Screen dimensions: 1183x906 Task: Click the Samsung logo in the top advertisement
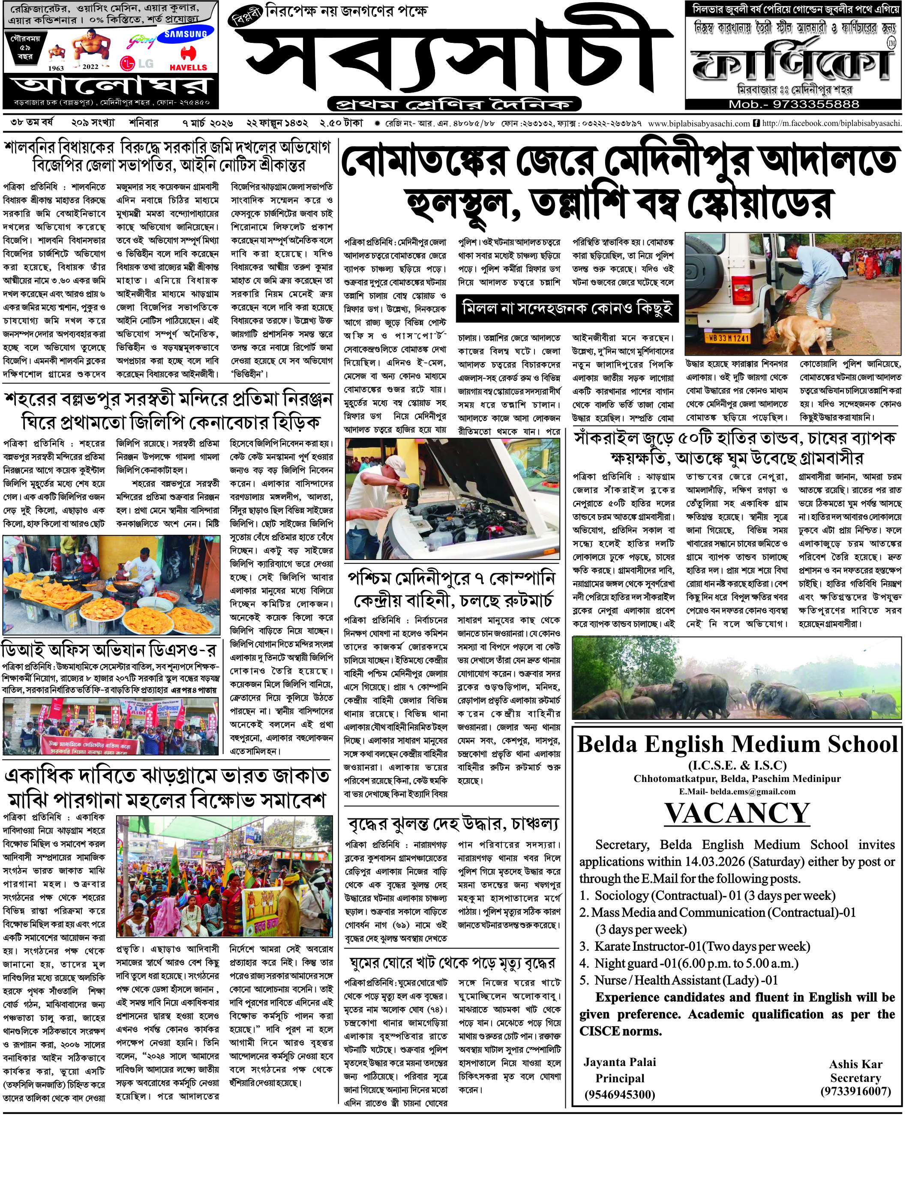click(186, 33)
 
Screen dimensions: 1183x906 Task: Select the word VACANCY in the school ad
click(737, 813)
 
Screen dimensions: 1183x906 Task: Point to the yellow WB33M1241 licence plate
click(726, 338)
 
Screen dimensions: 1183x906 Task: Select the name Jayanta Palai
click(620, 1062)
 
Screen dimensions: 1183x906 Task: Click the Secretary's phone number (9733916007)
click(855, 1091)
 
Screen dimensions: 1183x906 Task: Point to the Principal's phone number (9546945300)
click(620, 1094)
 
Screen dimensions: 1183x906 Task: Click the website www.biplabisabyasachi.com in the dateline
click(699, 123)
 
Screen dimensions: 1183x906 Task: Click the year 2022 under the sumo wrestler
click(90, 67)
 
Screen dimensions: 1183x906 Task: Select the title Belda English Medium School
click(737, 744)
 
